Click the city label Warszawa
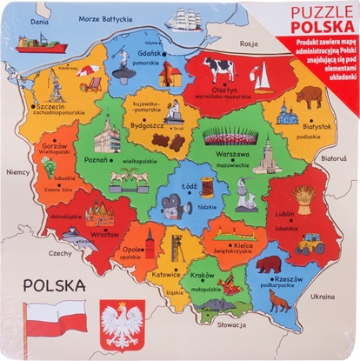[232, 153]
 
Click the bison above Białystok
[309, 96]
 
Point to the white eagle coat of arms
[123, 324]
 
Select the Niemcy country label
[18, 172]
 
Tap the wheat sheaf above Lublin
[304, 199]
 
